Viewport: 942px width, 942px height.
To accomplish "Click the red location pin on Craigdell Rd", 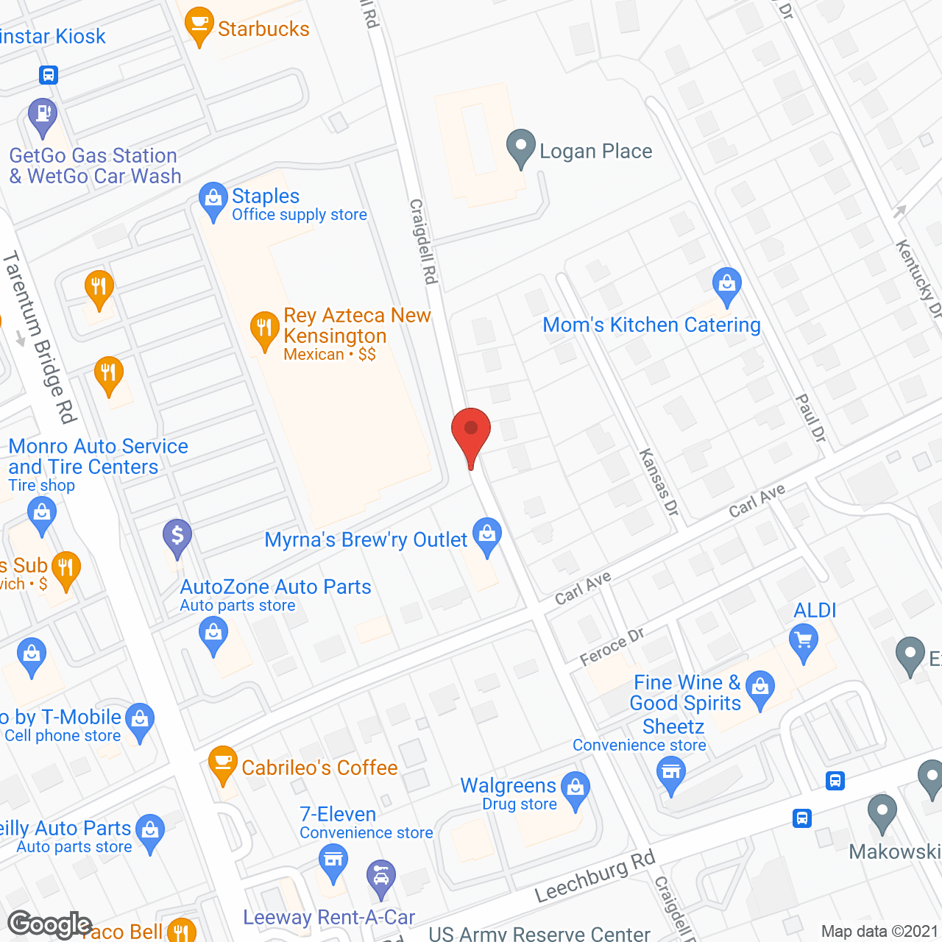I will coord(470,430).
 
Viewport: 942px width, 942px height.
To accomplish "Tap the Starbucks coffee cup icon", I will coord(199,25).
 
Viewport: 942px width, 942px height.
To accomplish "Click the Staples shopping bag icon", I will coord(213,199).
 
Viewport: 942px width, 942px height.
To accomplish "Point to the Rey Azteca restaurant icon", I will coord(263,329).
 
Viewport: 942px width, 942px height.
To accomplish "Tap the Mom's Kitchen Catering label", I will coord(651,325).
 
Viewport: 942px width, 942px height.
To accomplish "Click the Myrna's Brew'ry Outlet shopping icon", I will coord(487,534).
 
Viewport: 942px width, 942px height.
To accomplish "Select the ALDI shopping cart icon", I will coord(804,640).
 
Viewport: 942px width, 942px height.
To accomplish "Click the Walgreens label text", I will coord(508,786).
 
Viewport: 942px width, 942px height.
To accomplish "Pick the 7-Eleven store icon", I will coord(333,860).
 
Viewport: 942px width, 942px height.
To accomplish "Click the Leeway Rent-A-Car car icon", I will coord(380,877).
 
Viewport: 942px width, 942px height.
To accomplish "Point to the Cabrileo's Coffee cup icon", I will coord(222,762).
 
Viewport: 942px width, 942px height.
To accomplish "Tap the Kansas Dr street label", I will coord(659,482).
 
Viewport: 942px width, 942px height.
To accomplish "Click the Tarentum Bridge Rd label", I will coord(40,338).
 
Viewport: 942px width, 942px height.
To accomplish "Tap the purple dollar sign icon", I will coord(177,536).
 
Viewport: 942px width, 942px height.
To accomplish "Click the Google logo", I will coord(50,924).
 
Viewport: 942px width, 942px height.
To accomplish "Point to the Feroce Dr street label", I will coord(612,646).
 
